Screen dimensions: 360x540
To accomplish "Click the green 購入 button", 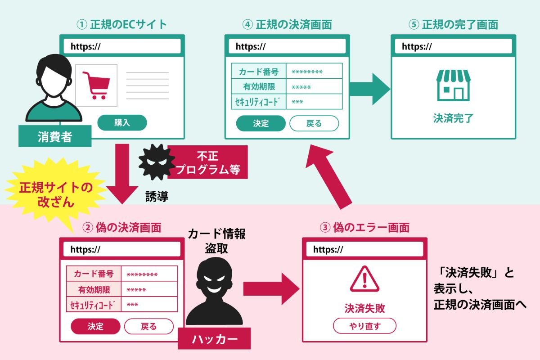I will (x=122, y=122).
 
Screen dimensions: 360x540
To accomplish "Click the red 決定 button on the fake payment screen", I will (x=95, y=326).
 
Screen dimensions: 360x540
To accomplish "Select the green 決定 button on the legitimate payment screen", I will (x=261, y=123).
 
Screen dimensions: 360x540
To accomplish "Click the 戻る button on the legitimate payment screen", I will (x=314, y=123).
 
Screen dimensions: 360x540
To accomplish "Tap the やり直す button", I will (x=364, y=326).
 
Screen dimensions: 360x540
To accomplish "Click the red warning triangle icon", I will (x=364, y=279).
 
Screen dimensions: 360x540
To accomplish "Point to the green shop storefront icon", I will (x=453, y=85).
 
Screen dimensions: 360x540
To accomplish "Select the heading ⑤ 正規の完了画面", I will (x=453, y=24).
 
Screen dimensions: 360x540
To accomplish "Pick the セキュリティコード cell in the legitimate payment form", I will (x=259, y=102).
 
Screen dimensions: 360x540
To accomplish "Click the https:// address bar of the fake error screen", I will (x=364, y=249).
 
